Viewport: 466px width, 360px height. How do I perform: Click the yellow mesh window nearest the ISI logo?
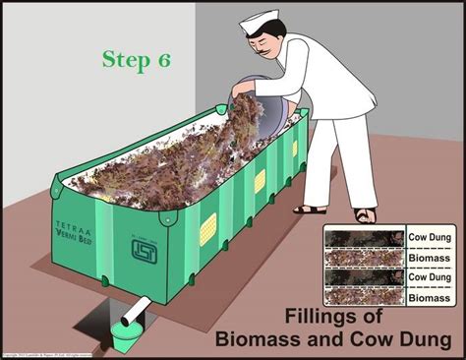207,229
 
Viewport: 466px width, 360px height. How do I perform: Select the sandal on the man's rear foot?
309,209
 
